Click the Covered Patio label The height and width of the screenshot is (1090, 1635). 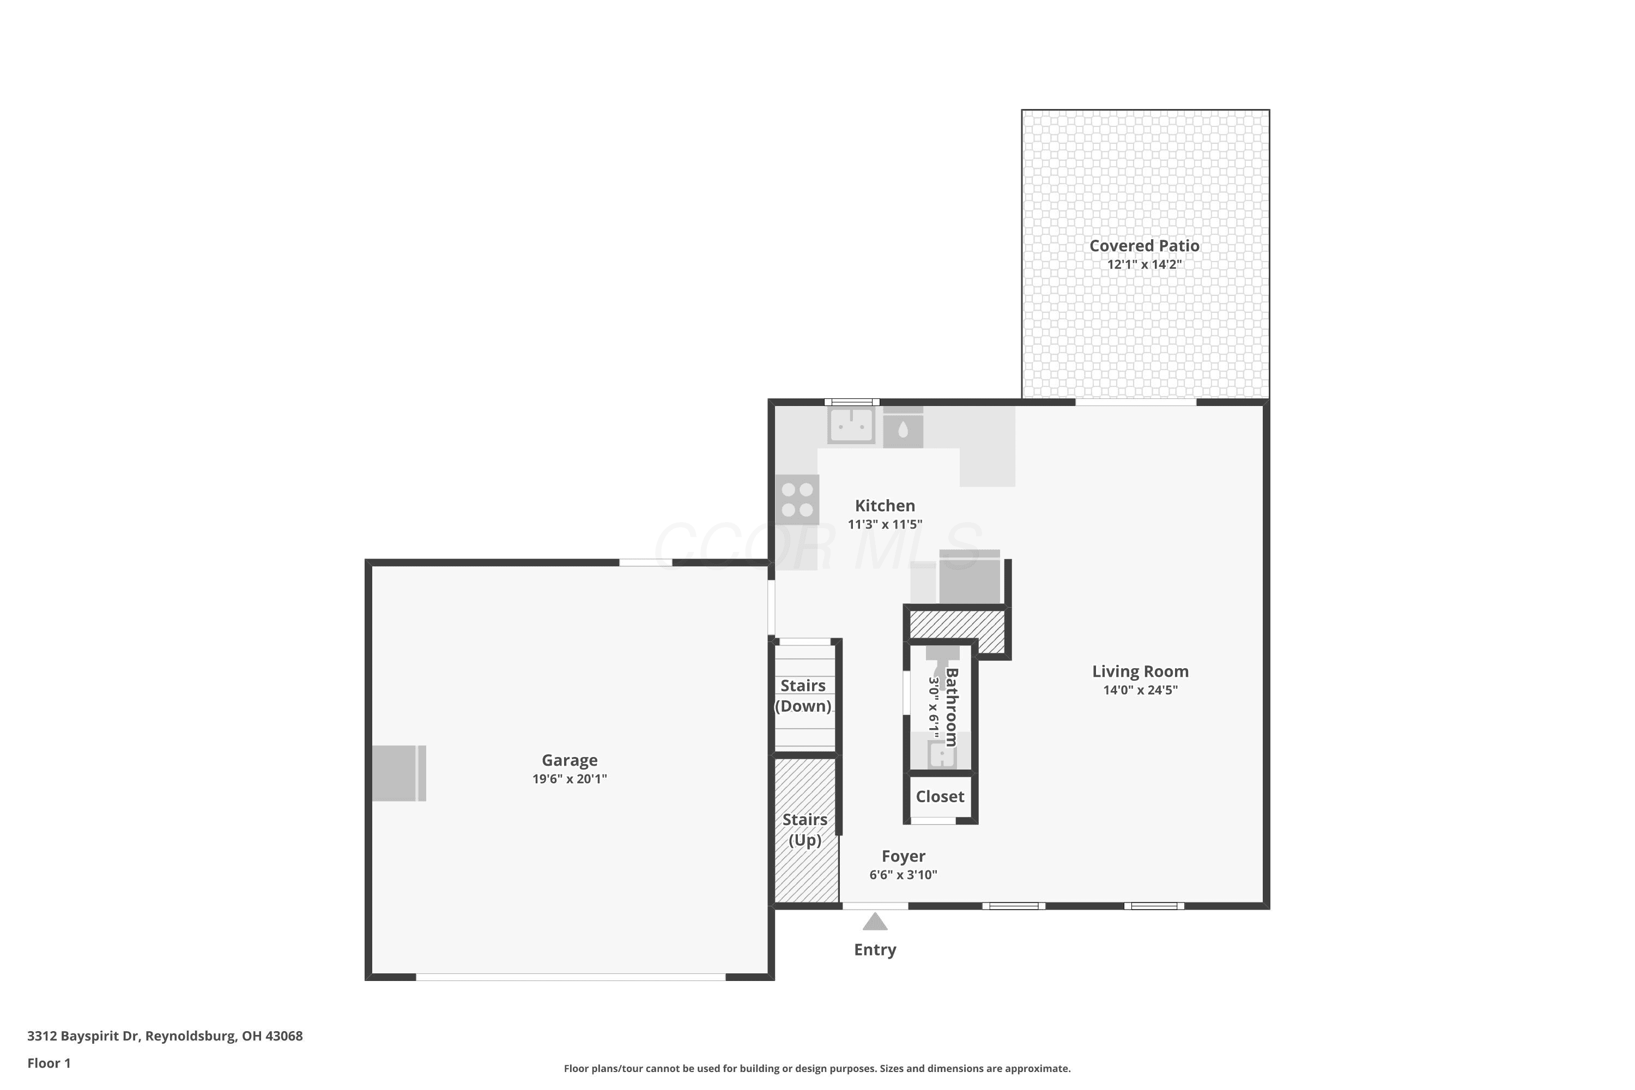point(1144,245)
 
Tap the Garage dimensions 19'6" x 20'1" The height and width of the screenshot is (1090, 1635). point(570,779)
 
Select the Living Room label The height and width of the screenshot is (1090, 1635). point(1140,671)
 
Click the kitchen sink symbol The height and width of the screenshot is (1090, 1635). point(851,426)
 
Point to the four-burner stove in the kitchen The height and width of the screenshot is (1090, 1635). point(797,500)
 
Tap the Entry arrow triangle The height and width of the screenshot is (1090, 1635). point(875,922)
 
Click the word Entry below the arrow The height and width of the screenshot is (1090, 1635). point(875,949)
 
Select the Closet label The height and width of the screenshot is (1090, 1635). point(940,797)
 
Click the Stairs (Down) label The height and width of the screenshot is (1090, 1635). point(803,696)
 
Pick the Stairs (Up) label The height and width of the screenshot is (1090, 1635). point(805,830)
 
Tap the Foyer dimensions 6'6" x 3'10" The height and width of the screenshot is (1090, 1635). point(903,875)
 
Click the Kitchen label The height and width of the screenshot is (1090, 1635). point(885,505)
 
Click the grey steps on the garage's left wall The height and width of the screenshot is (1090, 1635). point(399,773)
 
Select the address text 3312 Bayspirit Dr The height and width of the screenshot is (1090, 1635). point(83,1036)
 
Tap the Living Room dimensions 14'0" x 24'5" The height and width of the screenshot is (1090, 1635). point(1140,691)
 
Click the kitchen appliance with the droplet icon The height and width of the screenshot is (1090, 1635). point(903,427)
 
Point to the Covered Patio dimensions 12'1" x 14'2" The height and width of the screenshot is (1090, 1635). point(1144,264)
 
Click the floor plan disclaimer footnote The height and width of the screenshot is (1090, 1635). point(817,1068)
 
